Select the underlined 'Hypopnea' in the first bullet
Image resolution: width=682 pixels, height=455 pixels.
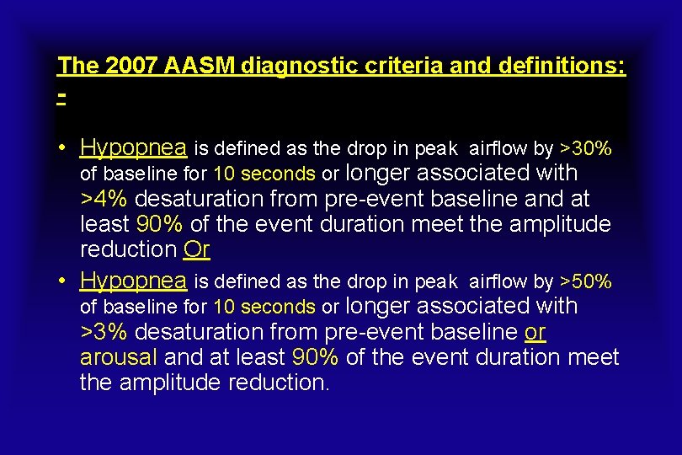tap(134, 148)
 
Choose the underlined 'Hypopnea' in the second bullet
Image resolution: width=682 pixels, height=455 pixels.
tap(134, 281)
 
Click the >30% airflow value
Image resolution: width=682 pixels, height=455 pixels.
tap(586, 149)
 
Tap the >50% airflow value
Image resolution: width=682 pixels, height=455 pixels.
tap(586, 281)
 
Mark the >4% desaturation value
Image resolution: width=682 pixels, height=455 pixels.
tap(104, 200)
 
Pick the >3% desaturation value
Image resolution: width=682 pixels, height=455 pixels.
tap(104, 332)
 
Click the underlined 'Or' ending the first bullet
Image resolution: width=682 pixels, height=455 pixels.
tap(196, 249)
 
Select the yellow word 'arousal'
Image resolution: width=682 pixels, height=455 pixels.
tap(118, 356)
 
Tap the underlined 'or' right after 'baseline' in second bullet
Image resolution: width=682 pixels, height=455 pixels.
tap(535, 332)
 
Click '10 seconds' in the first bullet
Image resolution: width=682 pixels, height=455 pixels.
tap(264, 174)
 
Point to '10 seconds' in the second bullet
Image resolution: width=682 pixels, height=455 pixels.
tap(264, 307)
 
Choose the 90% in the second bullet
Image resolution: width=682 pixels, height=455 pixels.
tap(315, 356)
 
